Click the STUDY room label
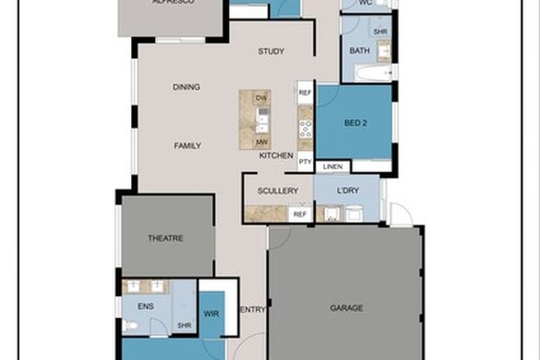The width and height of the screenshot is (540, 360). click(x=271, y=52)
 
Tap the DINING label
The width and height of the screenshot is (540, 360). click(x=187, y=87)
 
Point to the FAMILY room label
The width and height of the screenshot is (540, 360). click(x=187, y=146)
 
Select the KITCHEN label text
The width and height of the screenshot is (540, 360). click(x=277, y=155)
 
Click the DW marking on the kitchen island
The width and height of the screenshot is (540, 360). click(x=262, y=98)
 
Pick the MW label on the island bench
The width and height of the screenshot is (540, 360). click(x=262, y=141)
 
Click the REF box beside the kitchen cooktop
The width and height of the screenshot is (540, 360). click(x=305, y=93)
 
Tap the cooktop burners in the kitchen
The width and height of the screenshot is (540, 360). click(x=305, y=128)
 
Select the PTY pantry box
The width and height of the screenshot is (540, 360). click(x=305, y=161)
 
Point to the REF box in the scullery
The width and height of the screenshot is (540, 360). click(x=300, y=214)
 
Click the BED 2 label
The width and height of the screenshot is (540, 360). click(x=355, y=124)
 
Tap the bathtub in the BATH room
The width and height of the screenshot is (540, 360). click(x=373, y=73)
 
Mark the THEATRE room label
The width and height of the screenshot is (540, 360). click(x=165, y=238)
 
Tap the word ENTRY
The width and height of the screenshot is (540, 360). click(x=253, y=309)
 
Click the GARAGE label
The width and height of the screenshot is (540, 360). click(x=346, y=308)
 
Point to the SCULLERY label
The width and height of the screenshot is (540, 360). click(x=277, y=191)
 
